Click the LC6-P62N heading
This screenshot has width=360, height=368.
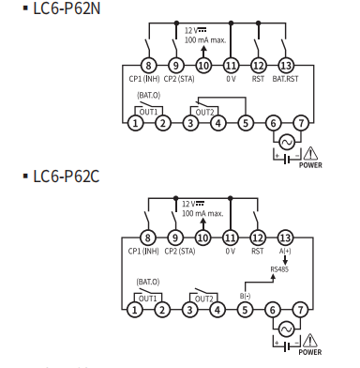(67, 8)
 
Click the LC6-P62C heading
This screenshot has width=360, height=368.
(67, 176)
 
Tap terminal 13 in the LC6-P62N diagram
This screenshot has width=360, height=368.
(286, 66)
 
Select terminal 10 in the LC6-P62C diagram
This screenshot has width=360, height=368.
(202, 238)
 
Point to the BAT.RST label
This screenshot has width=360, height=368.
(285, 79)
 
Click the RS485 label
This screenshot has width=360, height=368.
(279, 269)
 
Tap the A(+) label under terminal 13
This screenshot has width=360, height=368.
(285, 251)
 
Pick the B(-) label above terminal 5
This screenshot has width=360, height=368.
(245, 296)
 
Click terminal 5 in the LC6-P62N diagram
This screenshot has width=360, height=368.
(246, 123)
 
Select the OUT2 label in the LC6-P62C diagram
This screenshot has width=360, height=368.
(203, 299)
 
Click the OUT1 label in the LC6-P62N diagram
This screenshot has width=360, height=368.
(148, 112)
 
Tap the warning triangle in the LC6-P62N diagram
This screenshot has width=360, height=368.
(310, 153)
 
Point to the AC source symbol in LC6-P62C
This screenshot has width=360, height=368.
(286, 330)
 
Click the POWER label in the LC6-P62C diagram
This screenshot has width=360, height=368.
(310, 352)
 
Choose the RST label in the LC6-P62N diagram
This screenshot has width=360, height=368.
(258, 79)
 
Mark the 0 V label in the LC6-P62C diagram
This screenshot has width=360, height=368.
(231, 252)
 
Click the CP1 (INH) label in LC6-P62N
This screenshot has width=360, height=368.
(144, 79)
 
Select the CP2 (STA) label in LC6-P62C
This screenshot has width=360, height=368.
(179, 252)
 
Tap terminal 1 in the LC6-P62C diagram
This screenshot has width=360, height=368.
(135, 310)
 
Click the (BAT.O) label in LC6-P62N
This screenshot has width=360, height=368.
(149, 95)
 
